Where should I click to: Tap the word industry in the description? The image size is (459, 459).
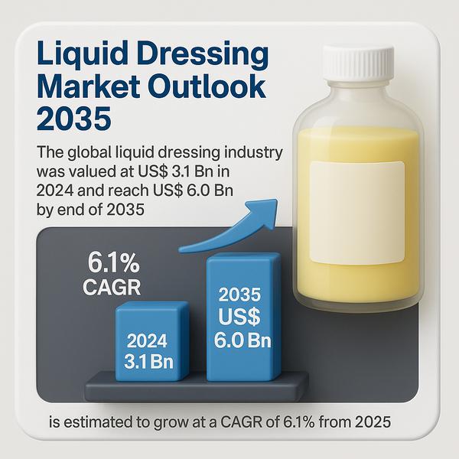pos(254,152)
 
